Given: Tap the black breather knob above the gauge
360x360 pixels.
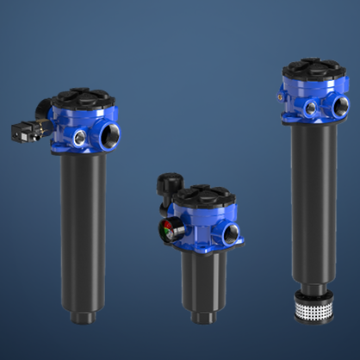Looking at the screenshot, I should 167,185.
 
